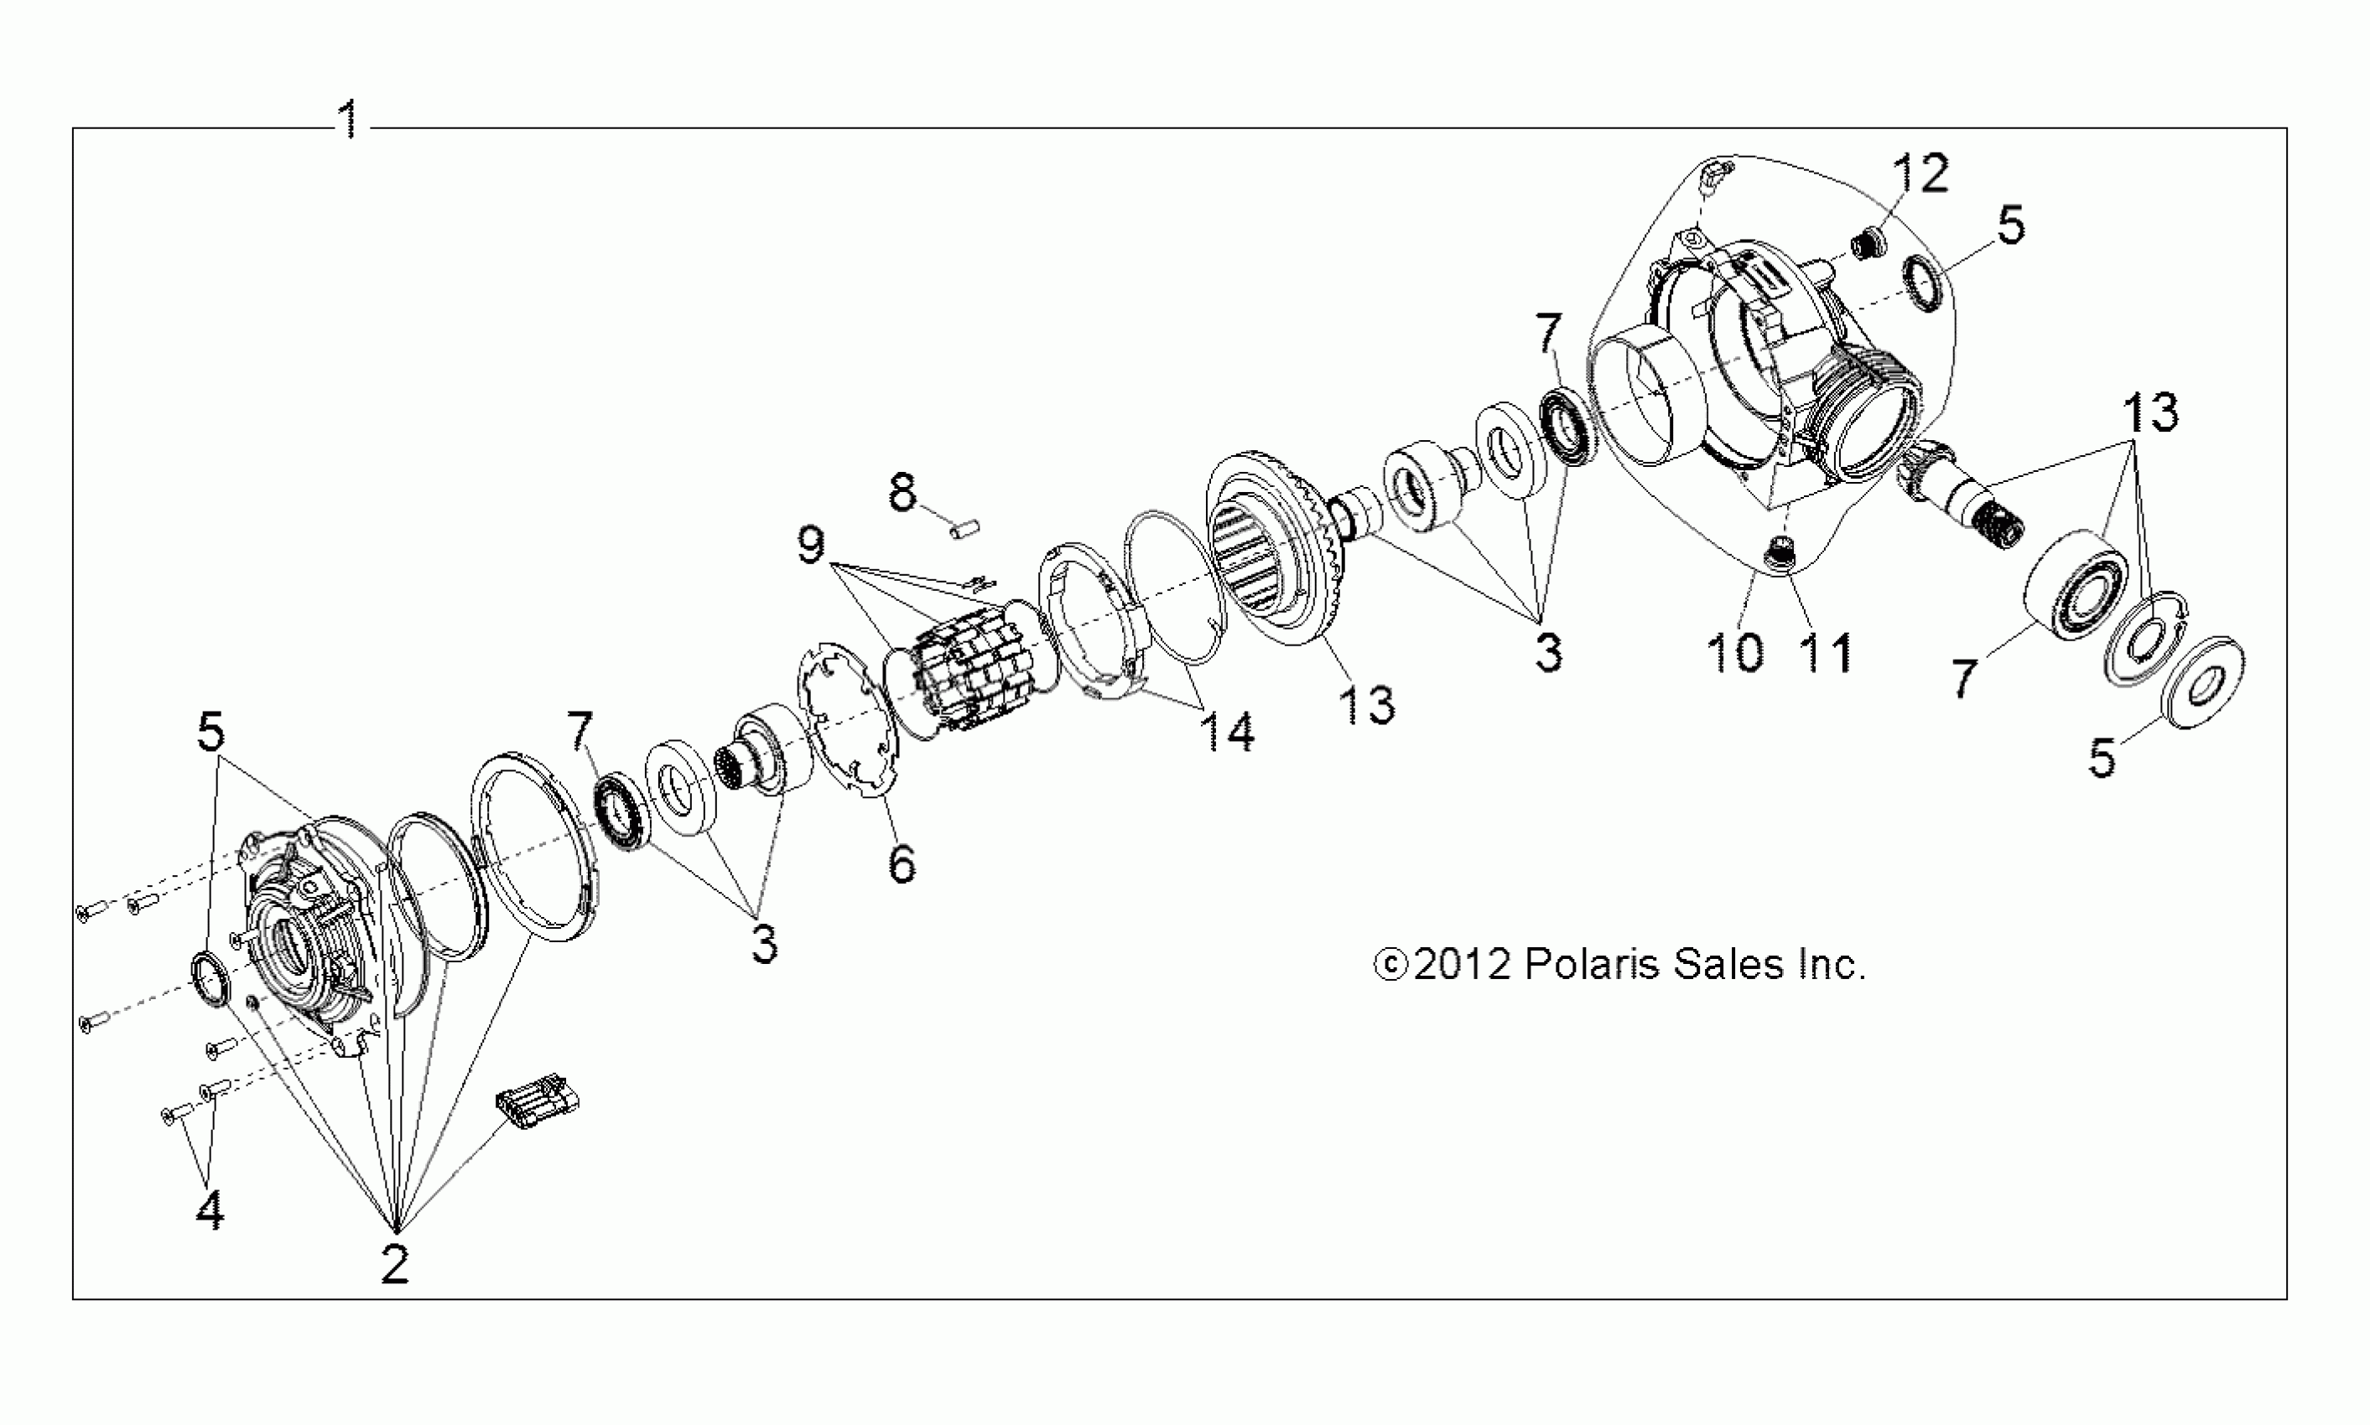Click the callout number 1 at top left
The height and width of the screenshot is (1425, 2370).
click(x=350, y=120)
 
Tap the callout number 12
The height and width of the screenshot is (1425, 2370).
click(x=1920, y=173)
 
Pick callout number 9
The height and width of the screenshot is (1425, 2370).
click(x=811, y=546)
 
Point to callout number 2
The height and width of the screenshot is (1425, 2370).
click(x=395, y=1265)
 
